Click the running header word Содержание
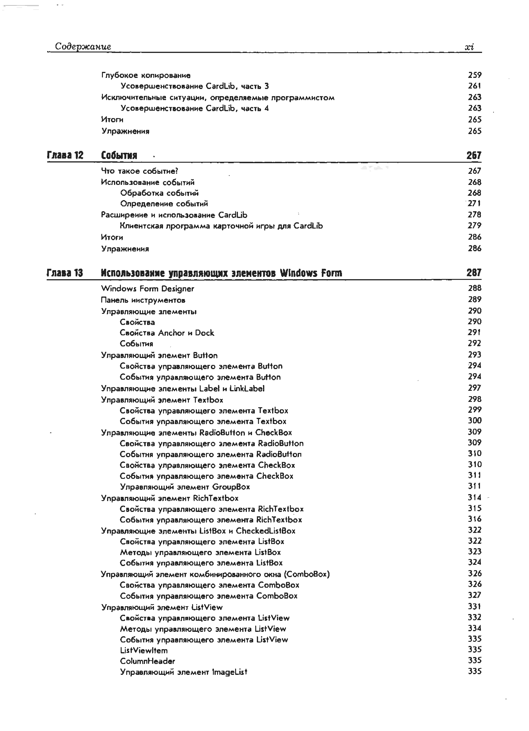(83, 46)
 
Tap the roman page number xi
(469, 47)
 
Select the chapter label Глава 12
(65, 155)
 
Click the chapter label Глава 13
(65, 273)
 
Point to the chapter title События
(119, 155)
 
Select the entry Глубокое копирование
(146, 75)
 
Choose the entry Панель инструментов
(143, 300)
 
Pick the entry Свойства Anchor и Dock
(167, 333)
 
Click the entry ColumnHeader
(147, 661)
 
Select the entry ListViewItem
(144, 650)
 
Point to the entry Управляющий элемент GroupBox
(185, 487)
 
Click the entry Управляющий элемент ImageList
(183, 672)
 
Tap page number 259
(474, 75)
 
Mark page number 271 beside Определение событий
(474, 203)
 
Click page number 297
(474, 388)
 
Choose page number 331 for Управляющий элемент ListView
(474, 607)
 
